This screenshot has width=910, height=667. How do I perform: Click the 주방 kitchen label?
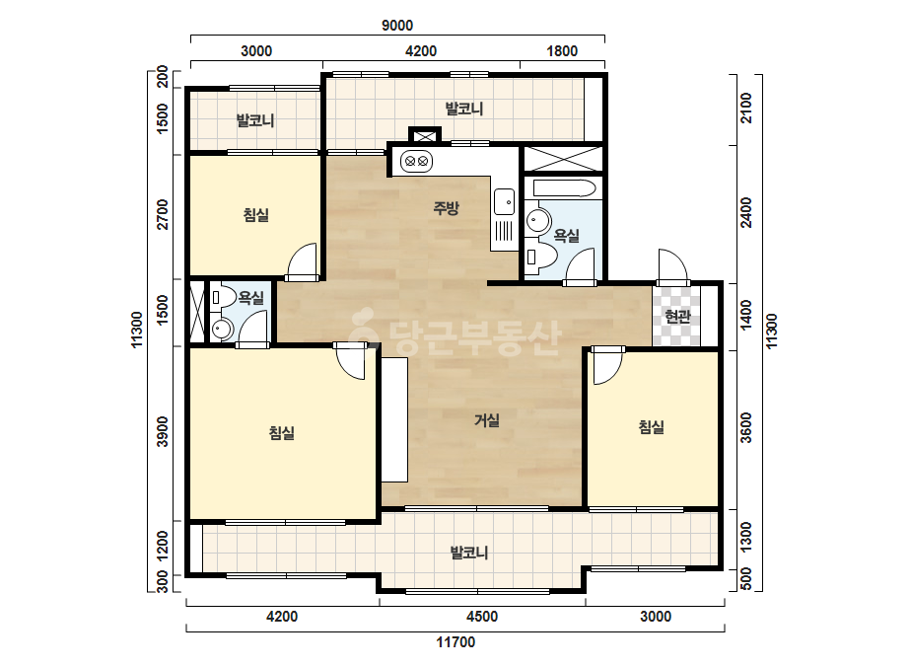(x=447, y=207)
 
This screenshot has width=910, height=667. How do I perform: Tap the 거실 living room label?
(x=487, y=419)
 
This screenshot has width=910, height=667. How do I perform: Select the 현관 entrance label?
(x=677, y=316)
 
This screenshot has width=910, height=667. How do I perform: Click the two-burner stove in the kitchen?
(x=417, y=161)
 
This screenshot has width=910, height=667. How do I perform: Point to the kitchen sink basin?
(x=504, y=201)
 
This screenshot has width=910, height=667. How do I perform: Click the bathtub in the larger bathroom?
(x=564, y=188)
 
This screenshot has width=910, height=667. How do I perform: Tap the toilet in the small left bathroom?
(x=222, y=297)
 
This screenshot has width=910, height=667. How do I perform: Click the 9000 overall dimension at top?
(x=397, y=26)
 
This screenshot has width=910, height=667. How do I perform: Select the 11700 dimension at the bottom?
(x=455, y=642)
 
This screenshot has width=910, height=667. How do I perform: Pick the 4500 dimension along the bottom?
(x=482, y=617)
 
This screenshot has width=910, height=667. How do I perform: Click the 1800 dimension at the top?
(x=562, y=51)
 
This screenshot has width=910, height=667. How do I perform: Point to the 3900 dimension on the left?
(x=163, y=432)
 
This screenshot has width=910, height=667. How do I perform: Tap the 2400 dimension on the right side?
(x=746, y=213)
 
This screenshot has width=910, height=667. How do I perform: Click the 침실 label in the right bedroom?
(x=651, y=427)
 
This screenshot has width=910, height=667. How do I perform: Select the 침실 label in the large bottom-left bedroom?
(x=282, y=432)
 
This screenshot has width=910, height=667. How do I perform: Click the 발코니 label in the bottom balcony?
(x=469, y=552)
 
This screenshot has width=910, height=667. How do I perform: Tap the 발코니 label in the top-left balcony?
(x=255, y=120)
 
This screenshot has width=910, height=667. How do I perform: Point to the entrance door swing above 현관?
(x=673, y=265)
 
